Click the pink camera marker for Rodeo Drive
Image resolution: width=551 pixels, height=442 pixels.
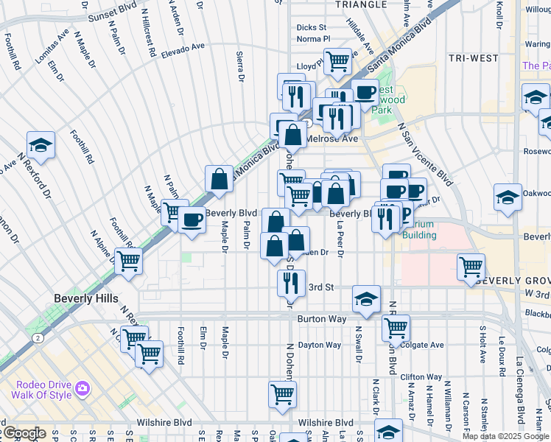[x=83, y=387]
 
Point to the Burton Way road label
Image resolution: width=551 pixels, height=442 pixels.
[x=321, y=320]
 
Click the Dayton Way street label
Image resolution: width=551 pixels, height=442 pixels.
[x=319, y=345]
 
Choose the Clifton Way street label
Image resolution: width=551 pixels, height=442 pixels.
[x=421, y=376]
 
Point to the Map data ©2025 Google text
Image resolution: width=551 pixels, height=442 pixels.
[x=505, y=436]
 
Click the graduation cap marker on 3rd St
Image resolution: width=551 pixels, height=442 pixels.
[x=366, y=298]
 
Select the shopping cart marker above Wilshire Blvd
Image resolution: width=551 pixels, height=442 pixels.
[x=282, y=394]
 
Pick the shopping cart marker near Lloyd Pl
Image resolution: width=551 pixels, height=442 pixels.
[x=337, y=61]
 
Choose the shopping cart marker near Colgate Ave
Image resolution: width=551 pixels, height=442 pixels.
[x=396, y=327]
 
